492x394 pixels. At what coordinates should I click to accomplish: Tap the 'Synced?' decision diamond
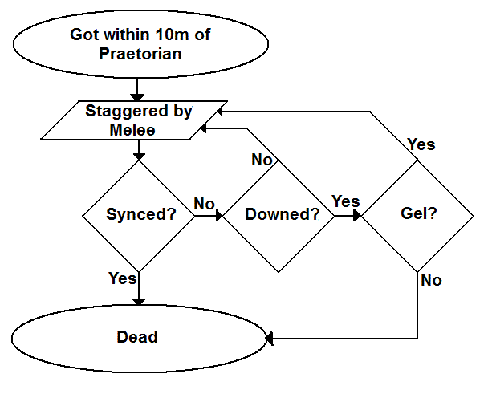tap(139, 215)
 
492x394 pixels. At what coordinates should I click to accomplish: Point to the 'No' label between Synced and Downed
tap(205, 204)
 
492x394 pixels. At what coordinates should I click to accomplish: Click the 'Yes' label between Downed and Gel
tap(346, 201)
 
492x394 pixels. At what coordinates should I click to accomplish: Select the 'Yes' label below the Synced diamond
tap(122, 278)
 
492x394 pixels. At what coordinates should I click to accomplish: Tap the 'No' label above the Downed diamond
tap(262, 160)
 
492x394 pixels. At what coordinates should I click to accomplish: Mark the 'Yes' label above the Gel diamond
tap(421, 144)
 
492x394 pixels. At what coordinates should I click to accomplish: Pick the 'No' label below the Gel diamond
tap(431, 281)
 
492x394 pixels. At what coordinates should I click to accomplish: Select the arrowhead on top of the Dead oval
tap(139, 300)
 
